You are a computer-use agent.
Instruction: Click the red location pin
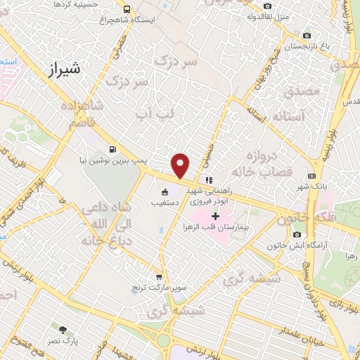pos(181,165)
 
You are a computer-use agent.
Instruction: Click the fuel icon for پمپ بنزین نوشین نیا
pos(114,149)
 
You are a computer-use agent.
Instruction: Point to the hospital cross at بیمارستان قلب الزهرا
pos(215,214)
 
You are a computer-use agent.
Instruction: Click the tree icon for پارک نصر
pos(63,329)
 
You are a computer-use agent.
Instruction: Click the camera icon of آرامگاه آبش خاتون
pos(297,234)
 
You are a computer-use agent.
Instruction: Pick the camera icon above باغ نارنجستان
pos(306,35)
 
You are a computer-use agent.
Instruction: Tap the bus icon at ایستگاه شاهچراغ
pos(127,10)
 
